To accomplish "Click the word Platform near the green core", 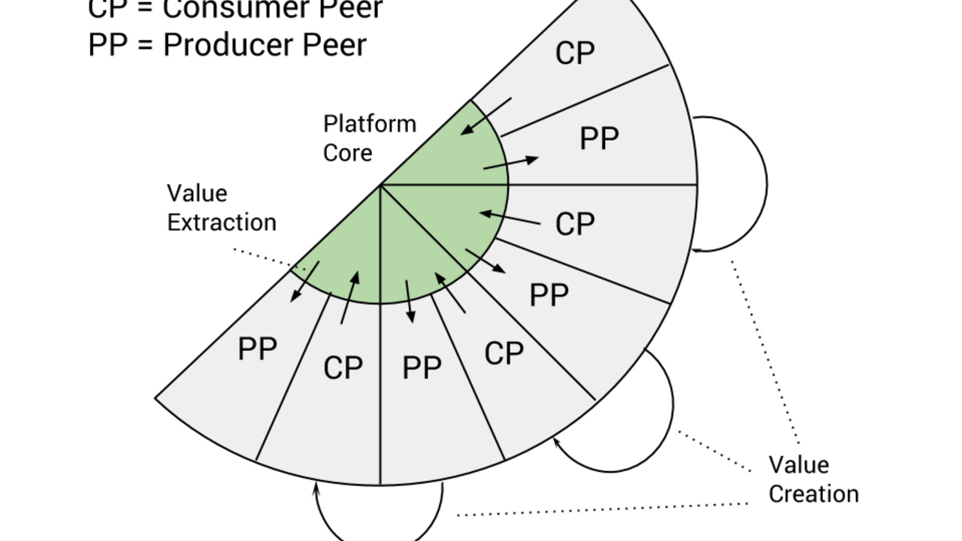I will [x=369, y=124].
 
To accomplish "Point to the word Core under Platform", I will [x=347, y=153].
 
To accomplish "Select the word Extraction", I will [x=222, y=222].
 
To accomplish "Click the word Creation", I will [x=813, y=494].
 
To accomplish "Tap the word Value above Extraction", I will [x=197, y=193].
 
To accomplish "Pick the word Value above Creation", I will [x=798, y=464].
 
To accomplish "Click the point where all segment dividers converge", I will [x=380, y=185].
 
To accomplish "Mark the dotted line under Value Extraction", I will [x=263, y=257].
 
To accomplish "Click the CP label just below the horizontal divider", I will [x=575, y=224].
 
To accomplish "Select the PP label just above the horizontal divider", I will [x=599, y=139].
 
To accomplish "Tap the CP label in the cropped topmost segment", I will [x=575, y=53].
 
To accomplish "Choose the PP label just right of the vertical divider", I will [x=422, y=368].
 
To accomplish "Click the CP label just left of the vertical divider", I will [x=343, y=368].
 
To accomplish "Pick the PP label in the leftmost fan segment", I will [x=257, y=349].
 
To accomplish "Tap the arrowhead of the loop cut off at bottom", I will [x=316, y=488].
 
